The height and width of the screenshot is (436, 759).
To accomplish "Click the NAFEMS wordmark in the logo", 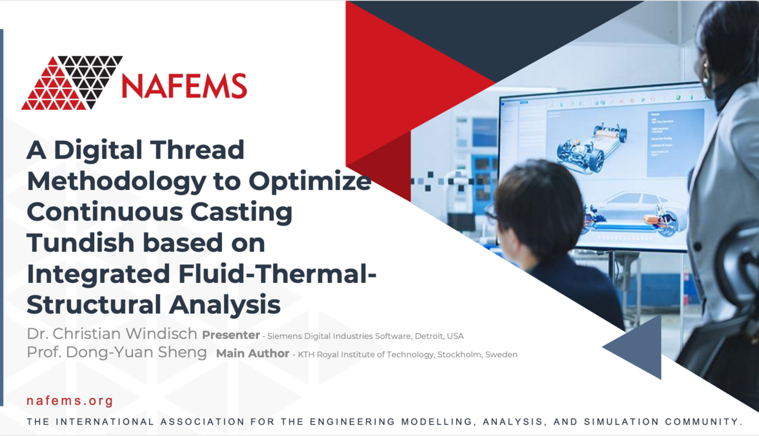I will click(x=185, y=86).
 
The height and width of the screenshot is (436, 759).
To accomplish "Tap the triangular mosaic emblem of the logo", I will click(x=71, y=83).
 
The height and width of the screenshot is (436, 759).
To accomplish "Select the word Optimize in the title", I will click(x=310, y=182).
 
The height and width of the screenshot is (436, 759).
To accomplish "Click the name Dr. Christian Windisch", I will click(x=112, y=335).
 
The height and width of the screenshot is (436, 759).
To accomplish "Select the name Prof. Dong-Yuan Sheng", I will click(x=117, y=353).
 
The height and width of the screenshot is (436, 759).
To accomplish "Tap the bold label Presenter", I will click(x=230, y=336).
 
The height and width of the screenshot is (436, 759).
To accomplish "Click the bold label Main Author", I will click(x=253, y=354).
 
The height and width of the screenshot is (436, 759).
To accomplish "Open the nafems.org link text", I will click(x=70, y=401).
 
